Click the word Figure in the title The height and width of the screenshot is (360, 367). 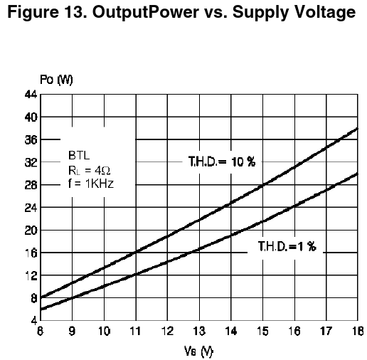click(x=33, y=12)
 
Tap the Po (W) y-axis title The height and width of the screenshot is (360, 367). click(x=56, y=80)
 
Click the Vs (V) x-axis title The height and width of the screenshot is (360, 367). click(x=198, y=351)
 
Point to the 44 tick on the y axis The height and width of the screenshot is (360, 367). click(x=31, y=95)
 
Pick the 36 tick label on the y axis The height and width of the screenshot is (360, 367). click(x=31, y=139)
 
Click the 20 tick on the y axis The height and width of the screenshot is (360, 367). click(x=31, y=230)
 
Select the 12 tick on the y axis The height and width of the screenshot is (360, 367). click(x=31, y=275)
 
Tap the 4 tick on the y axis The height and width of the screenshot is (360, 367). click(x=34, y=321)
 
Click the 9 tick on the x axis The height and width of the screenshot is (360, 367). click(x=72, y=331)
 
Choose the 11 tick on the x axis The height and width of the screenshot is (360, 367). click(x=135, y=331)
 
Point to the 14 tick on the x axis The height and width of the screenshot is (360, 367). click(x=230, y=331)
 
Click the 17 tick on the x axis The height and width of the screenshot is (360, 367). click(x=326, y=331)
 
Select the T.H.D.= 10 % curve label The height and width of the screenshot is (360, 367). click(x=222, y=162)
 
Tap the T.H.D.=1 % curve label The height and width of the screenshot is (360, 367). click(x=287, y=246)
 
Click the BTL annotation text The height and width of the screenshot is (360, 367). click(x=79, y=156)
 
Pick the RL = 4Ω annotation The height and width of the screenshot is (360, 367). click(x=90, y=170)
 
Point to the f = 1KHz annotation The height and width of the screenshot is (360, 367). click(x=91, y=184)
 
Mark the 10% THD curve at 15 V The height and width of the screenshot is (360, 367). click(x=263, y=185)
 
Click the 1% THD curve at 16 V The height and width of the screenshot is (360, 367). click(x=294, y=206)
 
